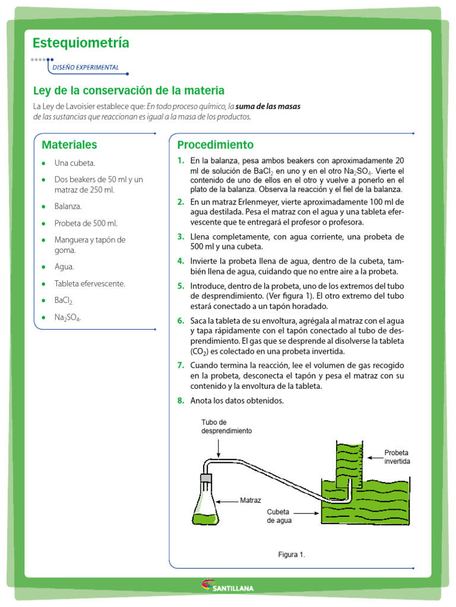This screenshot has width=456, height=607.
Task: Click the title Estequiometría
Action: coord(81,43)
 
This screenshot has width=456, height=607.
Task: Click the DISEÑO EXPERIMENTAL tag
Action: coord(85,68)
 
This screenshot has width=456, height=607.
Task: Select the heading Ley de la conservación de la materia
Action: coord(128,91)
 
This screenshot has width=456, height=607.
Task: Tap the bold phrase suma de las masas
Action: coord(268,107)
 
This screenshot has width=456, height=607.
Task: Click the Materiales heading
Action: coord(69,145)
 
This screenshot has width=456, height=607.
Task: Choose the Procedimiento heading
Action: coord(215,145)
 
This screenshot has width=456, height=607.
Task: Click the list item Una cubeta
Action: coord(75,163)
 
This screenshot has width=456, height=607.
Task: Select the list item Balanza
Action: coord(68,206)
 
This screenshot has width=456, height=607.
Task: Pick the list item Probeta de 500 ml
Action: coord(86,223)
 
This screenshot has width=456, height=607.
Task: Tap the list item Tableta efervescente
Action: coord(90,284)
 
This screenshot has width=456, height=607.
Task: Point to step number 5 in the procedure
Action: coord(180,286)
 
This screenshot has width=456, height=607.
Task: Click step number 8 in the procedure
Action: coord(180,401)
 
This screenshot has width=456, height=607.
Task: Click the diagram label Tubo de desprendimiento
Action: coord(226,427)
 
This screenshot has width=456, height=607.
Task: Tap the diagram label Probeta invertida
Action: coord(397,456)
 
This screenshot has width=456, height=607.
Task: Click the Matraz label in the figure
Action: coord(251,500)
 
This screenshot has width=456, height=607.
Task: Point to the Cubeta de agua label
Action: coord(278,516)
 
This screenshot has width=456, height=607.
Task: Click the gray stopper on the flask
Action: coord(206,477)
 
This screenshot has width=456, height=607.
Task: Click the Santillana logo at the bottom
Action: coord(228,587)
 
